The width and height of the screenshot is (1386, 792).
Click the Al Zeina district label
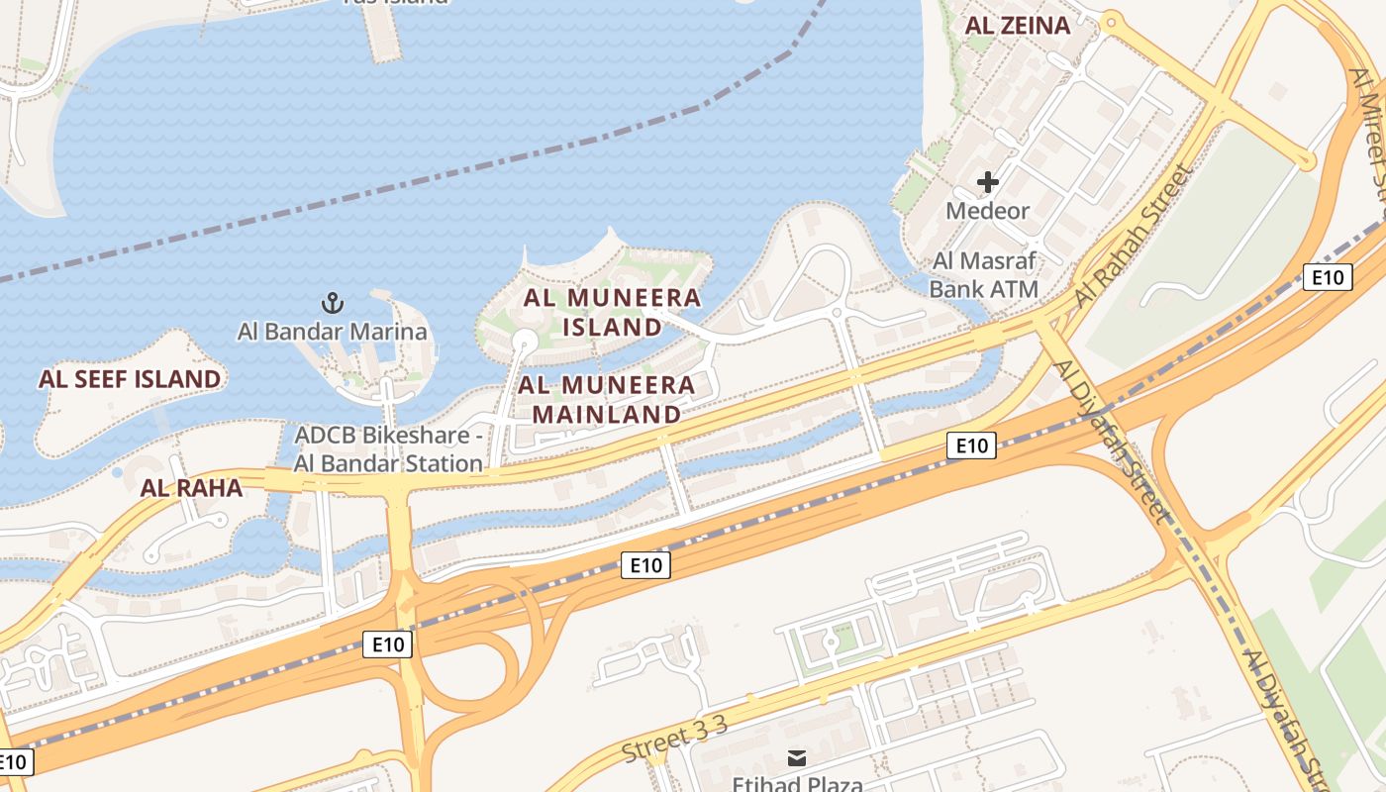pyautogui.click(x=1018, y=27)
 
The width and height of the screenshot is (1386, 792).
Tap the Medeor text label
pyautogui.click(x=987, y=211)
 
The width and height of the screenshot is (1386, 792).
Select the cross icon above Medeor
pyautogui.click(x=987, y=182)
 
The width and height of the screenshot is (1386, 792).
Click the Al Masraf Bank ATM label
pyautogui.click(x=984, y=275)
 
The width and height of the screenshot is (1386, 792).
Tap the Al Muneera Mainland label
pyautogui.click(x=607, y=399)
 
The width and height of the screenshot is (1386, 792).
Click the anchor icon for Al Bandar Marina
pyautogui.click(x=333, y=302)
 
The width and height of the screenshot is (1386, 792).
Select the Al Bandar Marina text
pyautogui.click(x=333, y=332)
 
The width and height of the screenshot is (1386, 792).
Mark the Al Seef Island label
pyautogui.click(x=130, y=379)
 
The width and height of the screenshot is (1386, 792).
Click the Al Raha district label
pyautogui.click(x=191, y=487)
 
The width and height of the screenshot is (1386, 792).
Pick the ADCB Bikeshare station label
pyautogui.click(x=388, y=448)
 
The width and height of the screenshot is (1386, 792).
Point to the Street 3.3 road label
pyautogui.click(x=674, y=740)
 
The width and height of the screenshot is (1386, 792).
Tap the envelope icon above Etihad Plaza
pyautogui.click(x=797, y=758)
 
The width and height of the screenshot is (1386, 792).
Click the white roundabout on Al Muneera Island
pyautogui.click(x=524, y=343)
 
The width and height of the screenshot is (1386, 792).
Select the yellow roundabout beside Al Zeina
pyautogui.click(x=1111, y=20)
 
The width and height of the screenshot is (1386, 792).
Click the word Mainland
pyautogui.click(x=607, y=414)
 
